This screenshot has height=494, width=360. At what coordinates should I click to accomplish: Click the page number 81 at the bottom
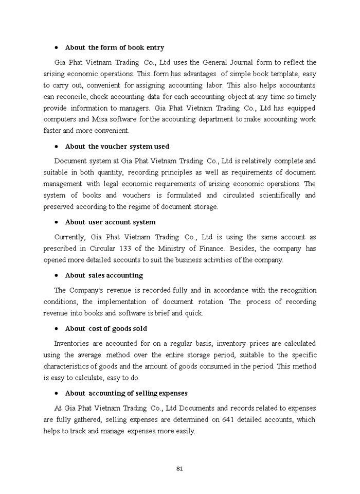179,468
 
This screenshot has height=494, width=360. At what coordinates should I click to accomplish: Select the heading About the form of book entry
114,47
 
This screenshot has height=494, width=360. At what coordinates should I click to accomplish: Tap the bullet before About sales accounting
56,275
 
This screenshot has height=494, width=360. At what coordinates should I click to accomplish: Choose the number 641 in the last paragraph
229,419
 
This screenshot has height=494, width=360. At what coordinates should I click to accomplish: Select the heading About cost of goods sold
105,328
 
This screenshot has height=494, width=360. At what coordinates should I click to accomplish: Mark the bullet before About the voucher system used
56,147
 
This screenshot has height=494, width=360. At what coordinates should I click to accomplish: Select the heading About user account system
110,222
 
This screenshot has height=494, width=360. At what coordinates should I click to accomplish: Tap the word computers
60,119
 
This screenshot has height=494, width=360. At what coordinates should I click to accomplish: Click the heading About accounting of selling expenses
126,393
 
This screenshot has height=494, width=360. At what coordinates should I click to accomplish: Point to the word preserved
59,206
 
